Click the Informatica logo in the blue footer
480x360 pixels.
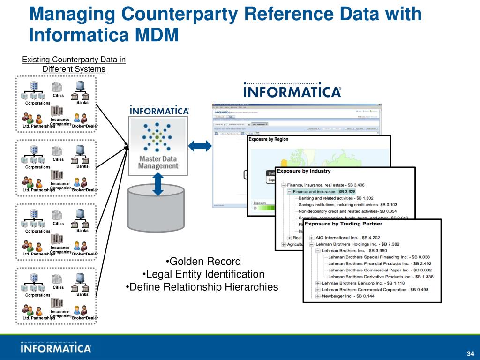(56, 348)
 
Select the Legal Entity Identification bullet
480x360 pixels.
(203, 274)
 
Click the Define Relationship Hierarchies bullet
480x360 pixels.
(202, 286)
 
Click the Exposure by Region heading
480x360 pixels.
(269, 139)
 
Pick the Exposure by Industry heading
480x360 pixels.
(303, 171)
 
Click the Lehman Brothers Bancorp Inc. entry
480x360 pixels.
(360, 283)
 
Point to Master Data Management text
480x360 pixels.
(158, 162)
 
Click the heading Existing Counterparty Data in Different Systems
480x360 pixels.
(74, 64)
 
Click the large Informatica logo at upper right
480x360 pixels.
(292, 91)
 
